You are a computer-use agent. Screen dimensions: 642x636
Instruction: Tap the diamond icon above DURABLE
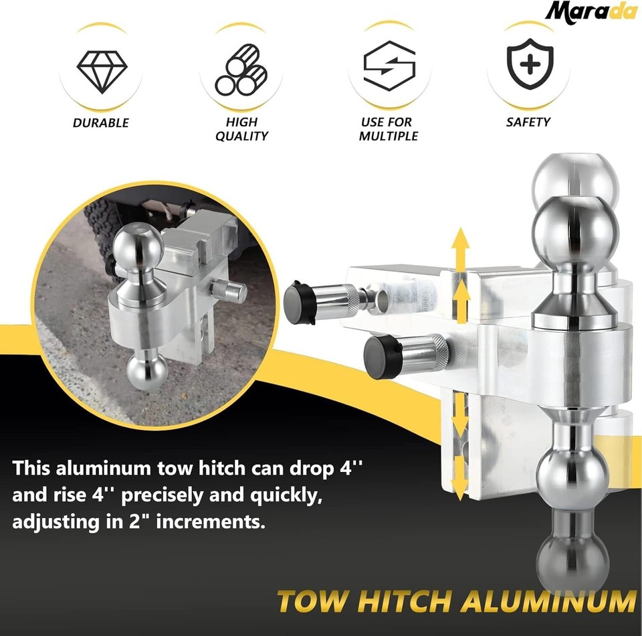pos(102,72)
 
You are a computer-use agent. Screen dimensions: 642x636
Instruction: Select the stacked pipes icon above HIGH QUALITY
pos(241,70)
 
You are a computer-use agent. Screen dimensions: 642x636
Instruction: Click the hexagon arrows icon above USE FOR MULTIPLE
pos(389,66)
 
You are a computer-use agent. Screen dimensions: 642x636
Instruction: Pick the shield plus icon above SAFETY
pos(530,64)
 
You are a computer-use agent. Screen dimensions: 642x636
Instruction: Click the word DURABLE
pos(101,123)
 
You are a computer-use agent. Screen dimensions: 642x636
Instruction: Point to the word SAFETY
pos(528,122)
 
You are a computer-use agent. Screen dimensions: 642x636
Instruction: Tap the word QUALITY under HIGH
pos(241,136)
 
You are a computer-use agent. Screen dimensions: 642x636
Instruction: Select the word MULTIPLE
pos(389,136)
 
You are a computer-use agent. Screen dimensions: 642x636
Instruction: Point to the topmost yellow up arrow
pos(461,250)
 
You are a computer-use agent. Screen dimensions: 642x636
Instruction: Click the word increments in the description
pos(211,522)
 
